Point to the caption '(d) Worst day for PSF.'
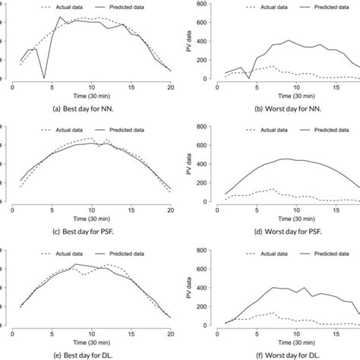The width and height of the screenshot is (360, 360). (293, 229)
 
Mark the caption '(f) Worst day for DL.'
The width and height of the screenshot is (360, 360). (293, 352)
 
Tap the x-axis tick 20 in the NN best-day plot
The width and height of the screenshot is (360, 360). (171, 87)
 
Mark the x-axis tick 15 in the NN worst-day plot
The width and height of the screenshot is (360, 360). (333, 87)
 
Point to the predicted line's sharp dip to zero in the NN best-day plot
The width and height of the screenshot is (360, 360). (44, 77)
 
